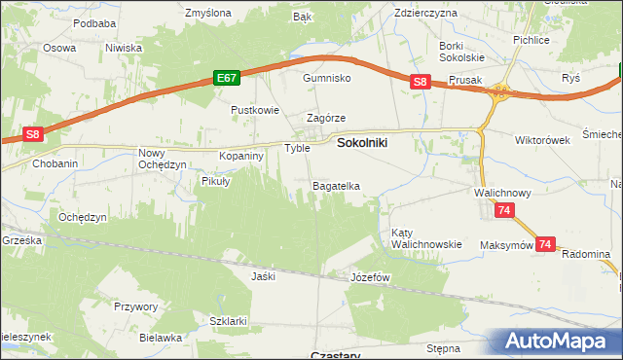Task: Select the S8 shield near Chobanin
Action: pos(33,135)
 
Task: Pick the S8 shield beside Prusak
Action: pos(420,83)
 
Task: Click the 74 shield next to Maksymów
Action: pos(546,245)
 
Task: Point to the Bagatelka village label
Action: pos(336,186)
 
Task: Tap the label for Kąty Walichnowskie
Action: pos(425,238)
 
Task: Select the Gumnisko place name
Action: pos(325,78)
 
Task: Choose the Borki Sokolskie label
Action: pos(463,52)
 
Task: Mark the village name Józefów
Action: pos(369,277)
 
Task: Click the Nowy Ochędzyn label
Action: pos(162,159)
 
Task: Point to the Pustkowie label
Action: pos(254,111)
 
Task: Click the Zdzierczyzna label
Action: pos(425,14)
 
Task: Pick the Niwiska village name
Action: pos(124,48)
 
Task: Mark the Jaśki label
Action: pos(263,276)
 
